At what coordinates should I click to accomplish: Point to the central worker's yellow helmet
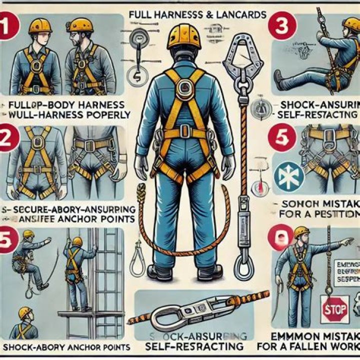184,37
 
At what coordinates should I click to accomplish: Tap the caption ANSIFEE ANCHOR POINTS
70,218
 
